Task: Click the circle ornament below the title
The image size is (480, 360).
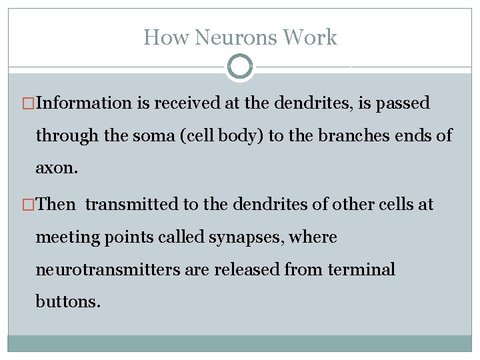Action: [x=240, y=67]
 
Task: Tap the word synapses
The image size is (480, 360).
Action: [x=251, y=237]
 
